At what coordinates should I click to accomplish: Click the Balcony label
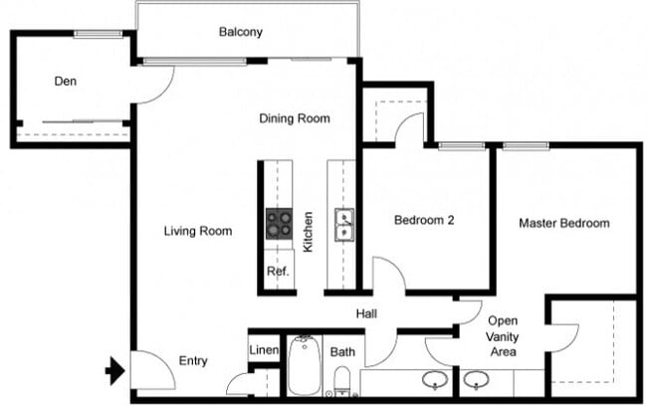point(240,32)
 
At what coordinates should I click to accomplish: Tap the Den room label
point(66,81)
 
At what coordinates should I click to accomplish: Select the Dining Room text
point(294,118)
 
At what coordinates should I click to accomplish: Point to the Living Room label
point(198,231)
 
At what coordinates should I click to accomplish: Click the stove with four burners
point(279,224)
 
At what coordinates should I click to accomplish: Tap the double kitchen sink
point(343,226)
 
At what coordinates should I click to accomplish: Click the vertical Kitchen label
point(309,231)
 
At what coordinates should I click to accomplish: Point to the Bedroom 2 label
point(424,220)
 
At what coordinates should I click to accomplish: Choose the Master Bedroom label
point(563,223)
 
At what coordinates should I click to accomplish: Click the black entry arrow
point(114,372)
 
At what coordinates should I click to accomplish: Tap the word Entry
point(193,360)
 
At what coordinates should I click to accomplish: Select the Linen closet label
point(263,350)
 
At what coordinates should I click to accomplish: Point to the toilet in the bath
point(341,379)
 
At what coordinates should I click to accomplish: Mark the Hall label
point(367,314)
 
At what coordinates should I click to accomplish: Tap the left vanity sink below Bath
point(434,379)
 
